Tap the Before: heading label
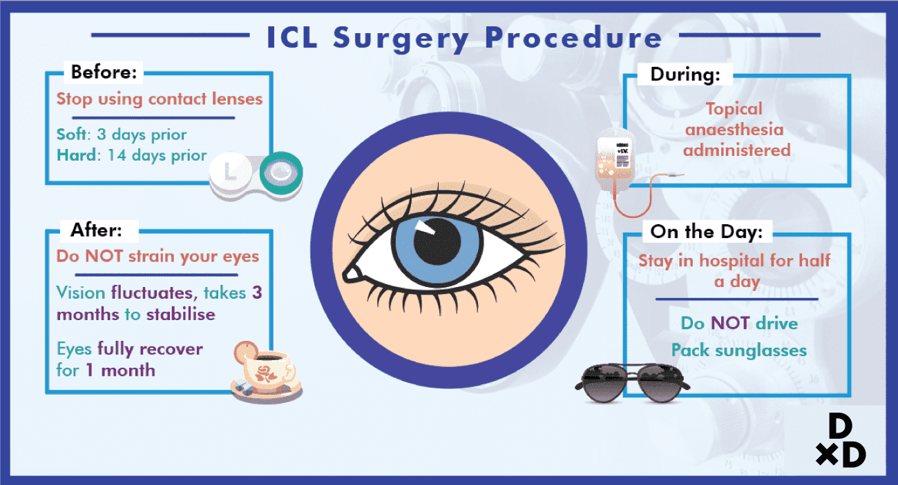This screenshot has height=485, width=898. [104, 72]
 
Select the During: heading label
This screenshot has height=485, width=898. [689, 75]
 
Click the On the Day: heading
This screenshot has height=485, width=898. [707, 232]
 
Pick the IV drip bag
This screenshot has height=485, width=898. [614, 160]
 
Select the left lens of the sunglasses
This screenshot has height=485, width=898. [602, 380]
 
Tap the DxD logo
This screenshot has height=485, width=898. [839, 442]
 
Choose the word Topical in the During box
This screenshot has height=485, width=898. [734, 109]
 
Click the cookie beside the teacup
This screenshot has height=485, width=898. [247, 352]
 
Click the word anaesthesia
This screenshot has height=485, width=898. [734, 130]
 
